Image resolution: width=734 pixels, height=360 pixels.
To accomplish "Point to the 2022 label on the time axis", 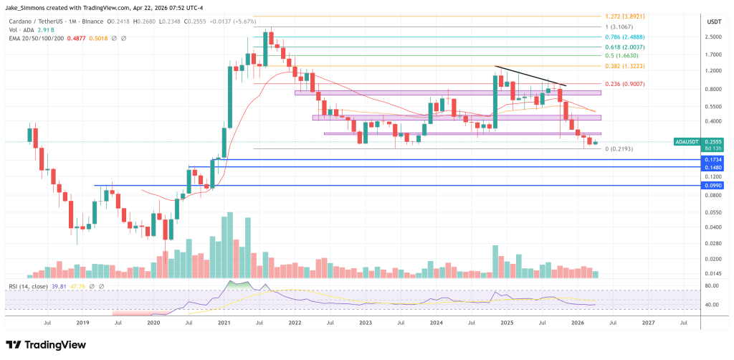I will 294,323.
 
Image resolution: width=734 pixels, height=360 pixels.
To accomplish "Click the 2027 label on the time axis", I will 648,323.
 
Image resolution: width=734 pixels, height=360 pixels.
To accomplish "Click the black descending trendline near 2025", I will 530,76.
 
